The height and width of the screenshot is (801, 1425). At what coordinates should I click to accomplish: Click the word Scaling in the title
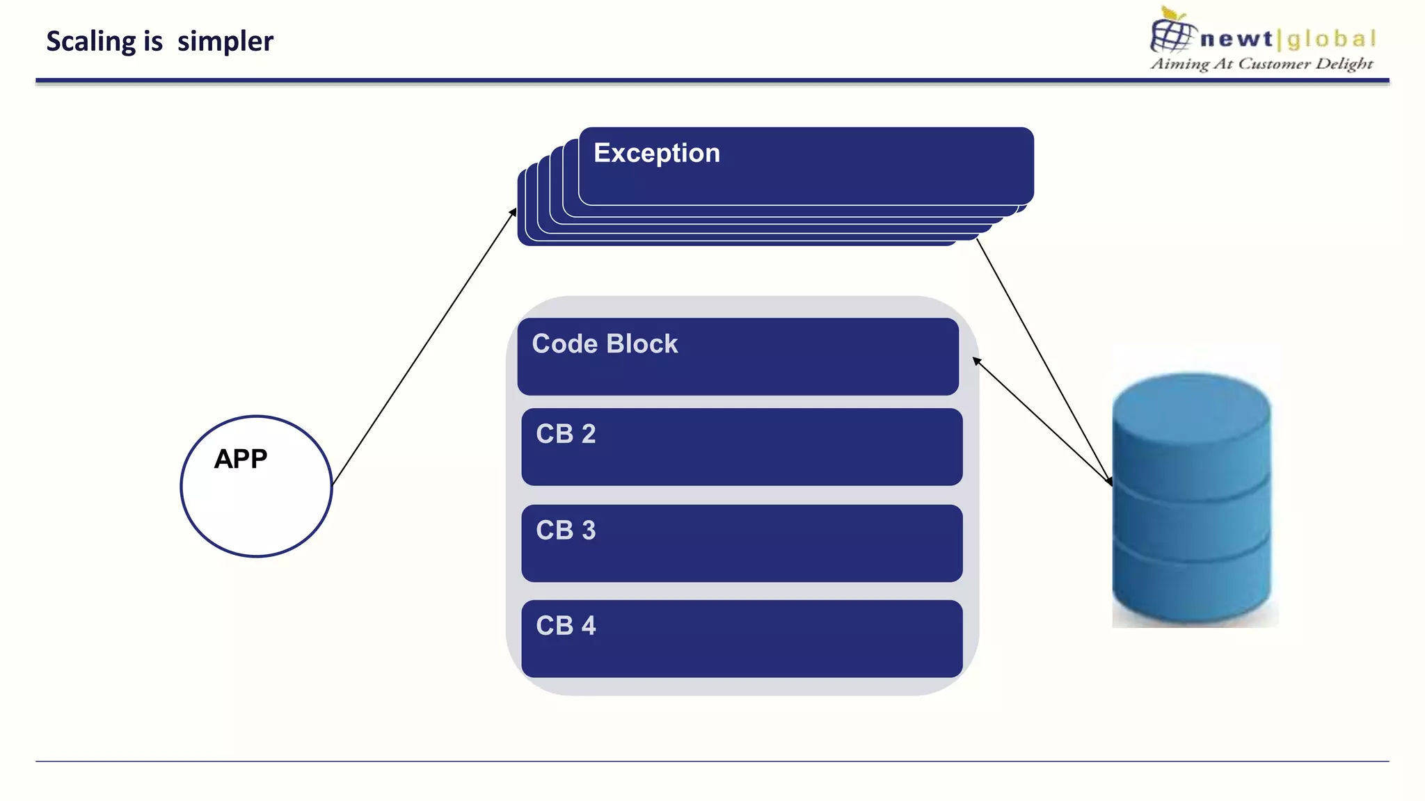(90, 42)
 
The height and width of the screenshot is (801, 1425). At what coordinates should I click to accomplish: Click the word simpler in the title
(225, 42)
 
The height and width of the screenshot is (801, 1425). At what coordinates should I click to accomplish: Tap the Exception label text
(656, 153)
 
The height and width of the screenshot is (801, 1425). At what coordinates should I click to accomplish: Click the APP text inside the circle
(240, 459)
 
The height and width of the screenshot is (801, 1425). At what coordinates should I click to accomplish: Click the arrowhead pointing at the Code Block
(976, 360)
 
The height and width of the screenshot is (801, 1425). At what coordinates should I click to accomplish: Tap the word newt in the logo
(1236, 39)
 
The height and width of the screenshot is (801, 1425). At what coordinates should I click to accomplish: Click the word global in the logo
(1330, 39)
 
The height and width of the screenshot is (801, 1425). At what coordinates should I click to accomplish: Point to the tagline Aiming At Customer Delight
(1261, 64)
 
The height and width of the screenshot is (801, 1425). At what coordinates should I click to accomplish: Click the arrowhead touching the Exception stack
(514, 211)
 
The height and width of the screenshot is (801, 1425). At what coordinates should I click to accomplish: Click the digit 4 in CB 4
(589, 626)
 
